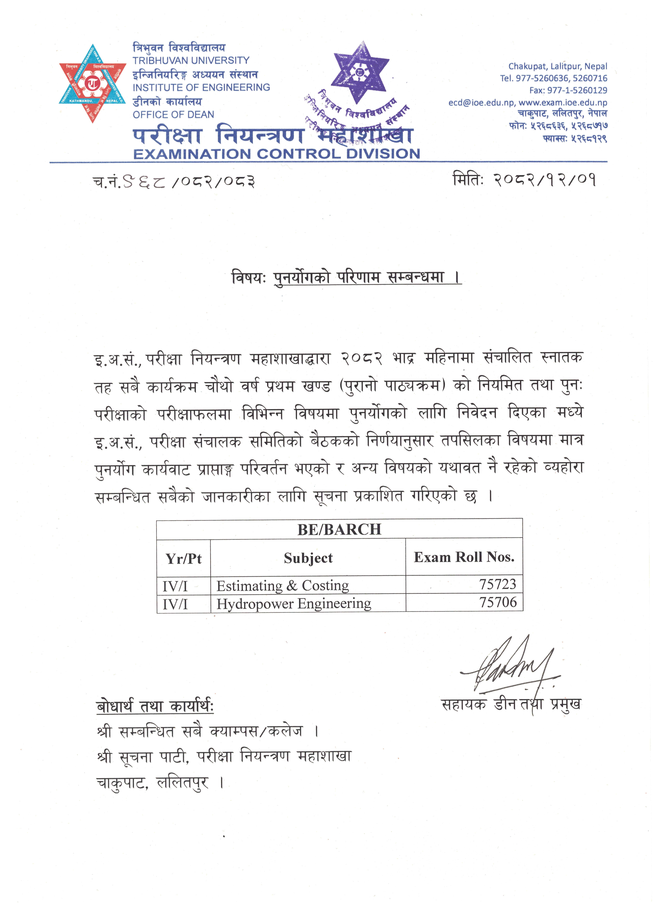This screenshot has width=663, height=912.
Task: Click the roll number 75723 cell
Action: click(x=497, y=584)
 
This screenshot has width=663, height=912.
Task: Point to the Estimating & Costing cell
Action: click(x=283, y=585)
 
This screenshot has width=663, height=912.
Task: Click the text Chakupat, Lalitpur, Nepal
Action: click(x=558, y=66)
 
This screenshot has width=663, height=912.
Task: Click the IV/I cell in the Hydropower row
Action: click(x=175, y=604)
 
